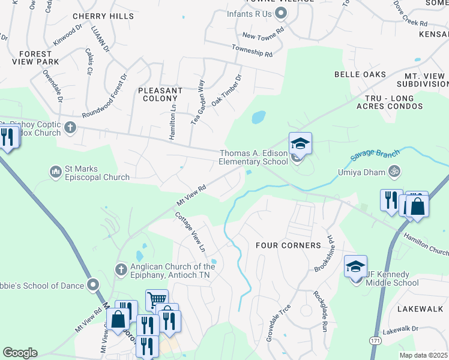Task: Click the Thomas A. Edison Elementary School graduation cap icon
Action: pos(300,144)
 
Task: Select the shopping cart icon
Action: pos(157,299)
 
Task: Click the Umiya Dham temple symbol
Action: pos(395,172)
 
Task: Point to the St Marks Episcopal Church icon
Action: pos(56,172)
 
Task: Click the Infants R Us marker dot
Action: pos(281,13)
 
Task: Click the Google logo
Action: pos(20,352)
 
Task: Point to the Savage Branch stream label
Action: pos(375,154)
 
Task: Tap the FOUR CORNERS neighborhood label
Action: pos(288,245)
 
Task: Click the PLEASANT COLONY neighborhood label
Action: pos(160,94)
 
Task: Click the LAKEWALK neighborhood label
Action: pos(420,308)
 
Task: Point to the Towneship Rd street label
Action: pos(252,51)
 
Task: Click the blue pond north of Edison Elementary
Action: pos(258,116)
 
